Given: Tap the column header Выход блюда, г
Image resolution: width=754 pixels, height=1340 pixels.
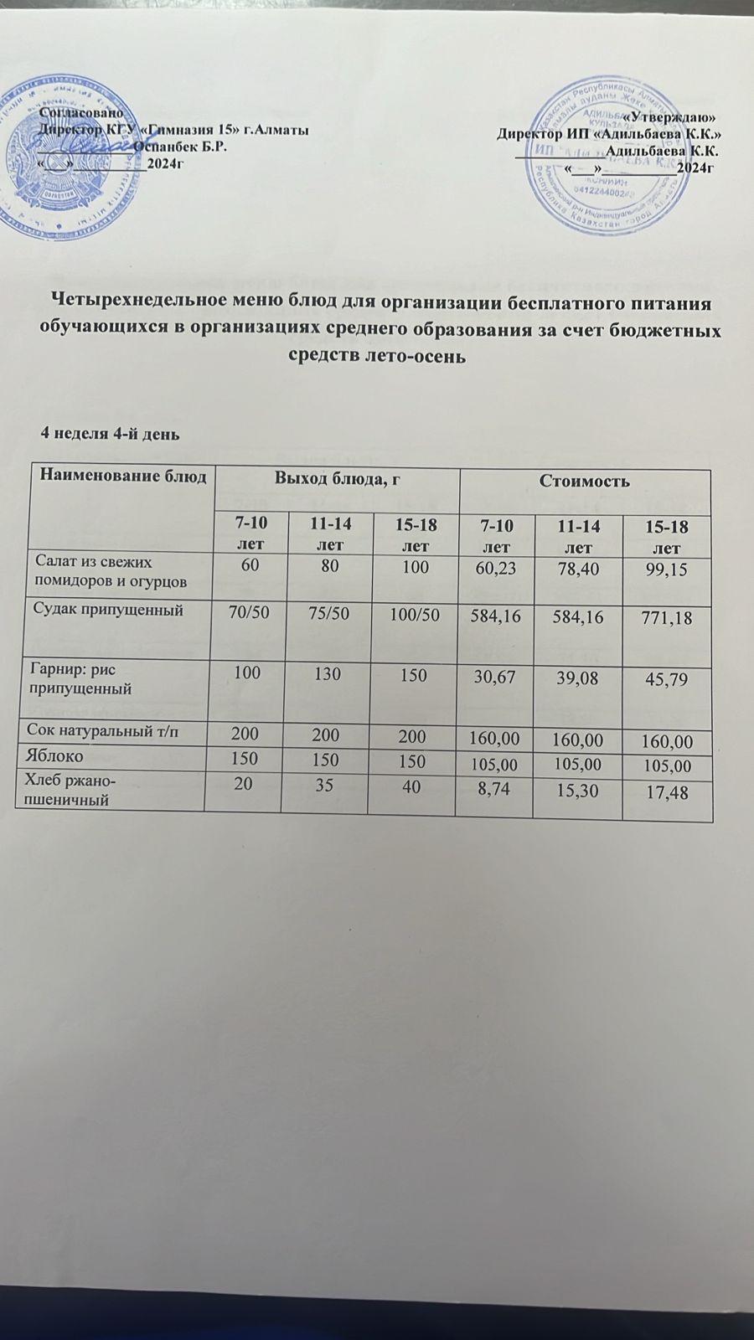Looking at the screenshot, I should tap(334, 478).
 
